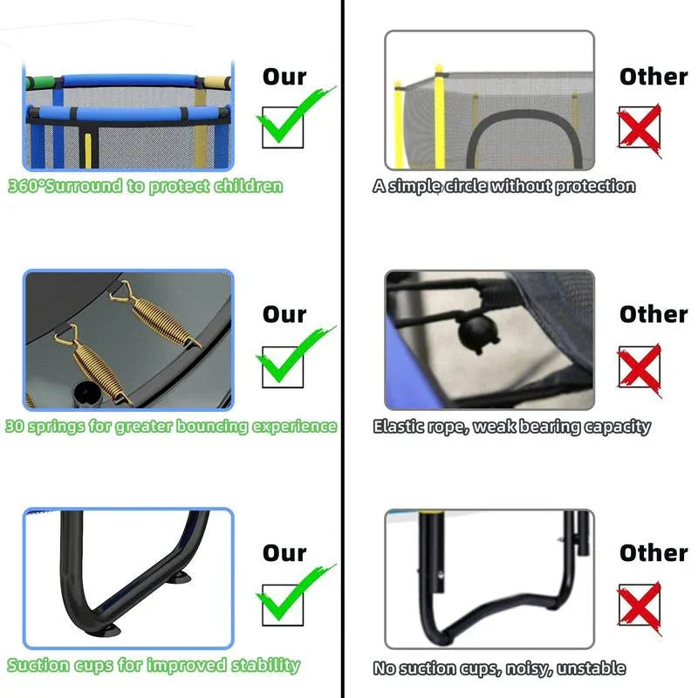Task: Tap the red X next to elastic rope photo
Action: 640,369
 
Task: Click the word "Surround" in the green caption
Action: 83,186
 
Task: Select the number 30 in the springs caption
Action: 15,426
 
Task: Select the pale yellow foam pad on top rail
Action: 216,82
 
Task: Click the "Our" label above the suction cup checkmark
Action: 284,553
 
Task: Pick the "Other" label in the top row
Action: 654,77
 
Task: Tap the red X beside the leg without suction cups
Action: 640,607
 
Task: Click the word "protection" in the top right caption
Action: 595,186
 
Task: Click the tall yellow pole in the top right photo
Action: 440,117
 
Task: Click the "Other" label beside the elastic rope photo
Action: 654,314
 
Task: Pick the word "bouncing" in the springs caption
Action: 212,427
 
